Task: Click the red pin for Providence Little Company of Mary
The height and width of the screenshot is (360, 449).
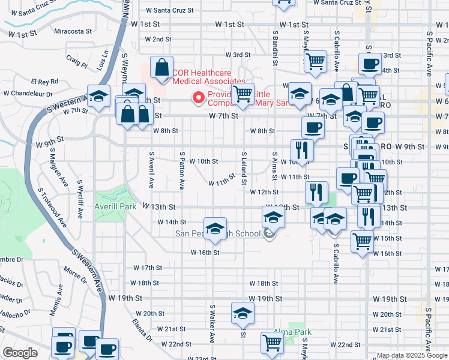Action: point(197,97)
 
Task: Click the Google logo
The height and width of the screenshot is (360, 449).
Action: point(20,352)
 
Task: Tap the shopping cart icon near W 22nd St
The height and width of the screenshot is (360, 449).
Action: point(272,343)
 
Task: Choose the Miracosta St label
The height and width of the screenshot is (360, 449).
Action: point(73,31)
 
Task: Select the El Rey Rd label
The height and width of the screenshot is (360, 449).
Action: point(44,81)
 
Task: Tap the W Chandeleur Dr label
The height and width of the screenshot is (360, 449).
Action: point(29,93)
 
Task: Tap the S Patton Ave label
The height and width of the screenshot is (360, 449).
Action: point(181,165)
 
